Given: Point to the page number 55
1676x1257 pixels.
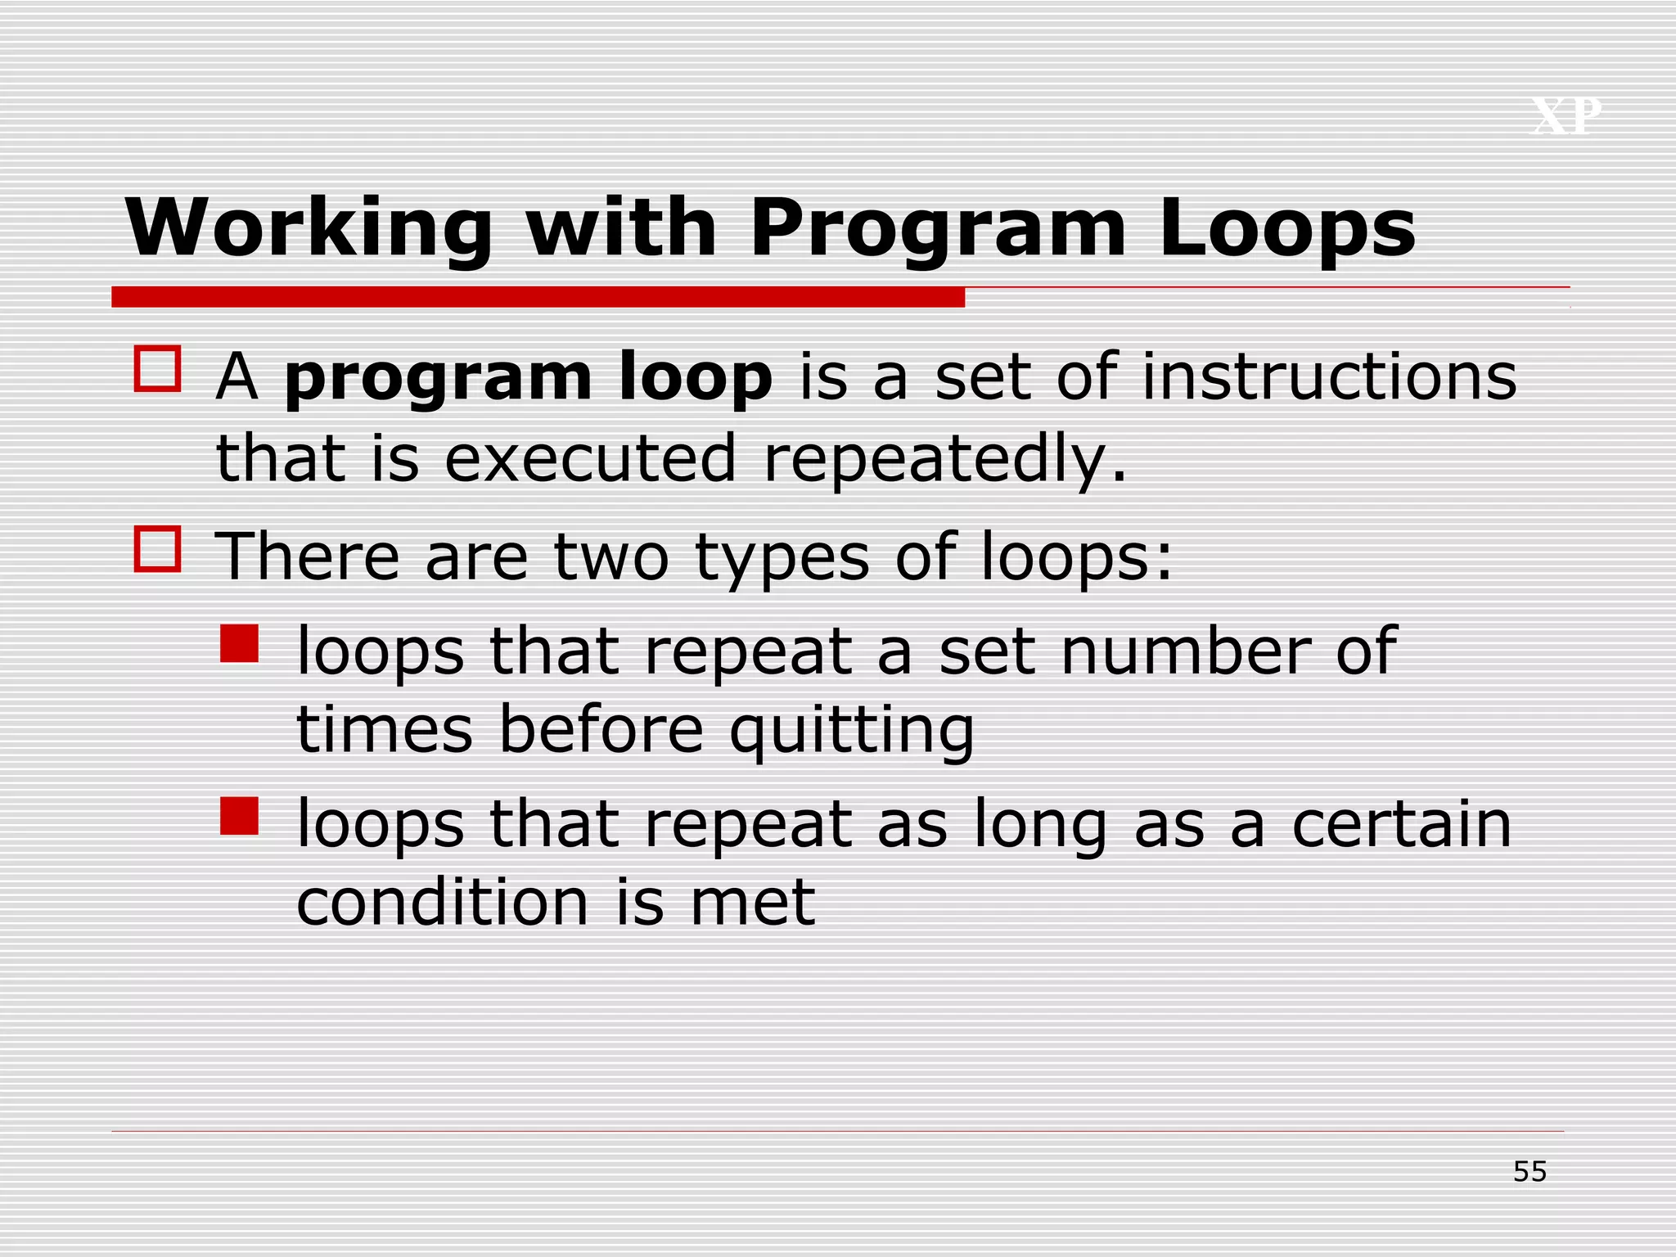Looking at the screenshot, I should tap(1530, 1172).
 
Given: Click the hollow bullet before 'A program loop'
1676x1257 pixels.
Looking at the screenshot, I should tap(157, 369).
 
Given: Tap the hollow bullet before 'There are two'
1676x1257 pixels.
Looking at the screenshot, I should tap(157, 548).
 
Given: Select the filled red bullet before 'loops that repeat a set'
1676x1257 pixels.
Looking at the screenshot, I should tap(239, 643).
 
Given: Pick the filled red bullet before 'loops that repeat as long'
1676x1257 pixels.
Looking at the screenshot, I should tap(239, 816).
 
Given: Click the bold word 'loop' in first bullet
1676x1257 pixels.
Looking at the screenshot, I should tap(696, 378).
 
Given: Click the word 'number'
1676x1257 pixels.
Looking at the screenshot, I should tap(1186, 651).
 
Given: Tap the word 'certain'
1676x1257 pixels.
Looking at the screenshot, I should tap(1401, 824).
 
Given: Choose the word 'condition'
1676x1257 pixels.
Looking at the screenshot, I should tap(442, 903).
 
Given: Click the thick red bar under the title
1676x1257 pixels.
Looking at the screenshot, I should tap(538, 297).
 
